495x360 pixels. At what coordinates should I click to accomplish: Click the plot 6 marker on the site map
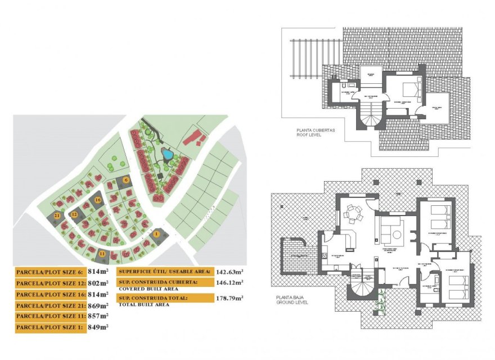pos(127,179)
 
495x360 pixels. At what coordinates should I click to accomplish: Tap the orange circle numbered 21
pos(57,215)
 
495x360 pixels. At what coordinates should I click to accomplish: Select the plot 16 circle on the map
pos(98,200)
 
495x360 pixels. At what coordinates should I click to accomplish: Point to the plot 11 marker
pos(102,254)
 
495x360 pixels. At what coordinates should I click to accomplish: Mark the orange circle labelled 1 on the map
pos(157,233)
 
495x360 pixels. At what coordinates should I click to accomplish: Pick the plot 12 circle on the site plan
pos(74,214)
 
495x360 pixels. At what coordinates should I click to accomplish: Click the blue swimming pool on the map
pos(167,153)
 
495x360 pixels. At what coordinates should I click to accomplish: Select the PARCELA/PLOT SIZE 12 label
pos(51,283)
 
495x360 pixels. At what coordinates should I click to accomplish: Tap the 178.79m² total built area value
pos(229,298)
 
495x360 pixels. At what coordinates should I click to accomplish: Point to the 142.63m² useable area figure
pos(229,272)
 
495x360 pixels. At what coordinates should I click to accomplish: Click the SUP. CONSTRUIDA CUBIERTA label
pos(157,281)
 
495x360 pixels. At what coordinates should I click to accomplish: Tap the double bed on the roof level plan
pos(409,88)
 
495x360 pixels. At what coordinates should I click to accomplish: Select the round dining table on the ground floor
pos(353,213)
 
